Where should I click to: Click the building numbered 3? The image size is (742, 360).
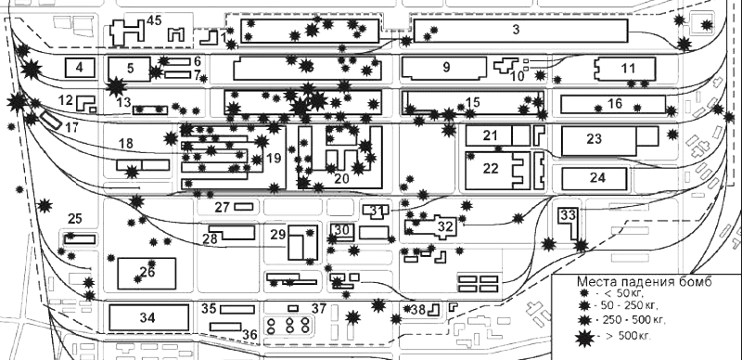tap(520, 31)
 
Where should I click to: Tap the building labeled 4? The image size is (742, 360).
tap(80, 67)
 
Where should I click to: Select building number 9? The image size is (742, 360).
tap(444, 68)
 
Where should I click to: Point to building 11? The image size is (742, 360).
tap(625, 70)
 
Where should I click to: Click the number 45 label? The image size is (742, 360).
tap(154, 20)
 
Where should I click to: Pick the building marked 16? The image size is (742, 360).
tap(613, 104)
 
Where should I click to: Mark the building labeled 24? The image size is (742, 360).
tap(595, 178)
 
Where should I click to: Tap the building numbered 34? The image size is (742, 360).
tap(148, 317)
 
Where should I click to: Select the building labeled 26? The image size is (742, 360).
tap(147, 274)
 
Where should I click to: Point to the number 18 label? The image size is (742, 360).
tap(126, 143)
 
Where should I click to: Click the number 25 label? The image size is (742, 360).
tap(75, 218)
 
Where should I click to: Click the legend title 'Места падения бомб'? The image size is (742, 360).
tap(644, 281)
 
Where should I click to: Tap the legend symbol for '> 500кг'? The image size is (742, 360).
tap(585, 337)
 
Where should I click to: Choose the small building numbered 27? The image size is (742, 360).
tap(244, 207)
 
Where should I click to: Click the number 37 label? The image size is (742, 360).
tap(319, 309)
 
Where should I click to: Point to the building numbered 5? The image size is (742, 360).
tap(129, 70)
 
